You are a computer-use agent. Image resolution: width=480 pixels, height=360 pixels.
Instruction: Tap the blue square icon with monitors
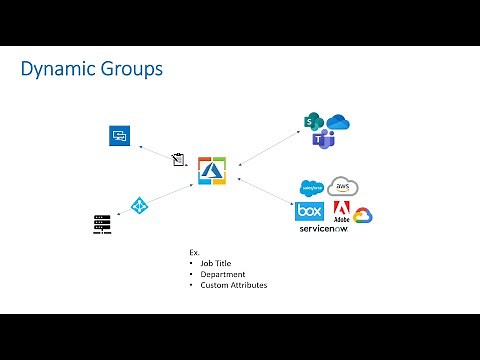(x=120, y=135)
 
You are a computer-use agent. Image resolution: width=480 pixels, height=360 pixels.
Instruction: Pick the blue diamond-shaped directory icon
(x=140, y=205)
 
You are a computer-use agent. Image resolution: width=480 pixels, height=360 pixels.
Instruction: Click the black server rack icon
(x=101, y=224)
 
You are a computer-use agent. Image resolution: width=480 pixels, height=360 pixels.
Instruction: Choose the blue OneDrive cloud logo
(x=337, y=123)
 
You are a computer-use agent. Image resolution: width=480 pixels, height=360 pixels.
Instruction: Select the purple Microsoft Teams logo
(x=323, y=141)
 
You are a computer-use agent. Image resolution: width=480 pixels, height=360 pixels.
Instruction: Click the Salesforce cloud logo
(x=312, y=188)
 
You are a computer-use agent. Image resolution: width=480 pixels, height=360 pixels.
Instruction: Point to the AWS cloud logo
(x=342, y=187)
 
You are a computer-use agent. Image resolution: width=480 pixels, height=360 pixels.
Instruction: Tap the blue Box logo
(x=308, y=211)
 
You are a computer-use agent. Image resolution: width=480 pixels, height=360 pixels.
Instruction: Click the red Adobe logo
(x=340, y=212)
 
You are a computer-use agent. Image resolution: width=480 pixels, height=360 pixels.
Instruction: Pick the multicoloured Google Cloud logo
(x=362, y=215)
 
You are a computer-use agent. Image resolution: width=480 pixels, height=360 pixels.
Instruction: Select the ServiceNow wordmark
(x=323, y=229)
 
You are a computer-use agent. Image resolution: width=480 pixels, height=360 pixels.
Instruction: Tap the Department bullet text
(x=222, y=274)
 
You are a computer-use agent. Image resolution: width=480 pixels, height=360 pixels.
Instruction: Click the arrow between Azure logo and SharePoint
(x=269, y=146)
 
